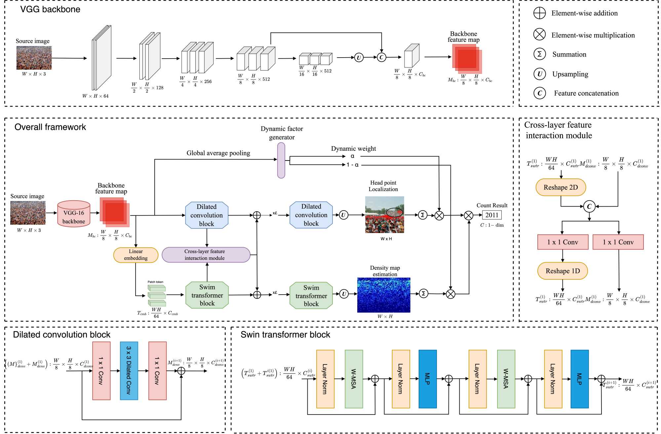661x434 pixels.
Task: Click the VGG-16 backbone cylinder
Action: pyautogui.click(x=74, y=214)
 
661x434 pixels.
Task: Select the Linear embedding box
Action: pyautogui.click(x=136, y=255)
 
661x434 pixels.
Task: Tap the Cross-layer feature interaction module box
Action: pyautogui.click(x=206, y=255)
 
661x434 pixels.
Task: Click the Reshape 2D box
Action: pyautogui.click(x=561, y=187)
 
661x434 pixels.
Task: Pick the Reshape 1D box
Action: pyautogui.click(x=563, y=271)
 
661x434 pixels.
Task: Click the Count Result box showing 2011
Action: pyautogui.click(x=492, y=215)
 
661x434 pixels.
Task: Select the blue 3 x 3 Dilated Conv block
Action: pyautogui.click(x=129, y=370)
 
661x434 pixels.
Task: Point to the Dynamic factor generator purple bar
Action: pyautogui.click(x=281, y=160)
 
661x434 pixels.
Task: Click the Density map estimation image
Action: pyautogui.click(x=384, y=295)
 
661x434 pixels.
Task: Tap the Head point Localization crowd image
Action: pyautogui.click(x=384, y=215)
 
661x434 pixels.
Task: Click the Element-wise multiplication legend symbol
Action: pyautogui.click(x=539, y=34)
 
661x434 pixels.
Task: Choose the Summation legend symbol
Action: pyautogui.click(x=539, y=54)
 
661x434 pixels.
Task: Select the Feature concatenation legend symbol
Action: pyautogui.click(x=539, y=93)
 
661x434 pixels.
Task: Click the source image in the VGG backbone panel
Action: pyautogui.click(x=34, y=58)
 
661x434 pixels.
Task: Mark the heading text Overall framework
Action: pyautogui.click(x=50, y=127)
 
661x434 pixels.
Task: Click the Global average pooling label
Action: pyautogui.click(x=218, y=153)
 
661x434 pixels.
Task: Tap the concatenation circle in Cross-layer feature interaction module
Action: pyautogui.click(x=589, y=207)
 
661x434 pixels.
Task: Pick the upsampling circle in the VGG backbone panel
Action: pyautogui.click(x=359, y=58)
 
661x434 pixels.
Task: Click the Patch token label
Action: pyautogui.click(x=155, y=282)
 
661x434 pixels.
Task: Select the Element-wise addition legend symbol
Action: pyautogui.click(x=539, y=13)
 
